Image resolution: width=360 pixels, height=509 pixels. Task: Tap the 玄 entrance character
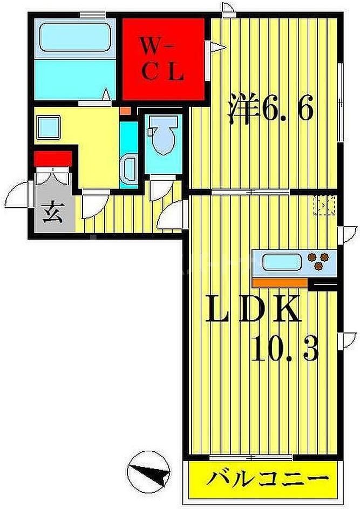pyautogui.click(x=51, y=210)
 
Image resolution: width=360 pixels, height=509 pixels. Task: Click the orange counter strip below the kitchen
pyautogui.click(x=279, y=282)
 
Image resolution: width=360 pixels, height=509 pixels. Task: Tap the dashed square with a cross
pyautogui.click(x=326, y=206)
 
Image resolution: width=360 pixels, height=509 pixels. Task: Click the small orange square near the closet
pyautogui.click(x=125, y=111)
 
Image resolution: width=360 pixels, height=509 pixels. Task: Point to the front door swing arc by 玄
pyautogui.click(x=21, y=193)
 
